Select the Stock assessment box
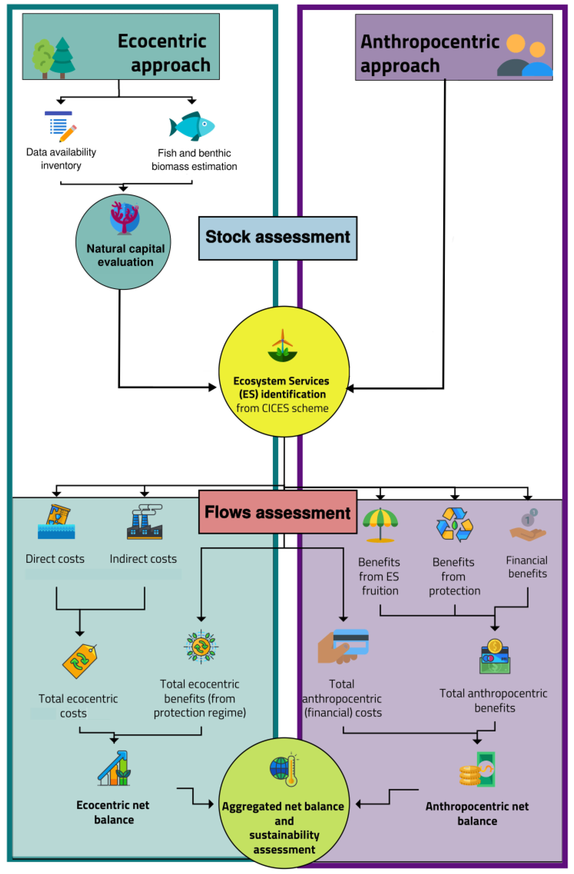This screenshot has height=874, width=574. (278, 238)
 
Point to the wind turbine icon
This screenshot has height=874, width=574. (282, 345)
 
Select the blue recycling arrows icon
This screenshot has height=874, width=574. (454, 524)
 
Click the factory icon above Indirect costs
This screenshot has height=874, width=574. (145, 522)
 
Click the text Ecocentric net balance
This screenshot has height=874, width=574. (113, 812)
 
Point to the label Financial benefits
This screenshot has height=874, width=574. (527, 567)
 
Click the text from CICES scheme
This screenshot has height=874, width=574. (282, 408)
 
